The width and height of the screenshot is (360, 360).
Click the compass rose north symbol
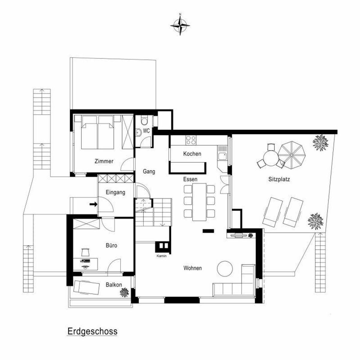coord(180,25)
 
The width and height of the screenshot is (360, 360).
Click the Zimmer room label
coord(104,161)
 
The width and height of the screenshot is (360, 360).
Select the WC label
coord(146,131)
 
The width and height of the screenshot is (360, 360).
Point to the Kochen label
coord(192,154)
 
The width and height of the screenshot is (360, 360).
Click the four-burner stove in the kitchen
coord(191,140)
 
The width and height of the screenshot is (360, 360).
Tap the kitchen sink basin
coord(223,156)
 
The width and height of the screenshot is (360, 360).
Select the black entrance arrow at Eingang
coord(93,204)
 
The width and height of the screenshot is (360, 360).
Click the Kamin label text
coord(161,256)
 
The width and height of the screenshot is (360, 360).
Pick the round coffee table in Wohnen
coord(225,268)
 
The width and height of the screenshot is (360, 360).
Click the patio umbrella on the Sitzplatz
coord(291,155)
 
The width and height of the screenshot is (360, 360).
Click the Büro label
coord(111,245)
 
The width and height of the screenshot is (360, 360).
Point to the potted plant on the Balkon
coord(124,292)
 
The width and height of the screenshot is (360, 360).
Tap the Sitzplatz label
coord(279,179)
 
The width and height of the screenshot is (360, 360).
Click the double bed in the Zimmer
coord(97,132)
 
